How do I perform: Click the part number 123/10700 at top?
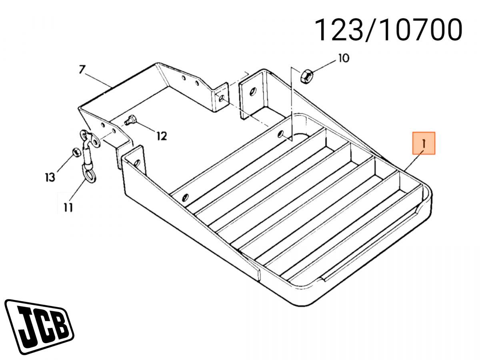(x=388, y=30)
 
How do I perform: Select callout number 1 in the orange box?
(x=424, y=143)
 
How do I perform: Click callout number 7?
(x=82, y=70)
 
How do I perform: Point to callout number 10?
(x=343, y=58)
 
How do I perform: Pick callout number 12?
(x=161, y=136)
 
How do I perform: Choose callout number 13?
(x=50, y=177)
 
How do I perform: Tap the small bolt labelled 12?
(x=130, y=119)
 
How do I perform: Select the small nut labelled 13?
(x=75, y=152)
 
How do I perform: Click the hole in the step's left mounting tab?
(x=137, y=162)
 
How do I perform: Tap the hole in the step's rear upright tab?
(x=252, y=92)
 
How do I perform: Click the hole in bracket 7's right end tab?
(x=220, y=97)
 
